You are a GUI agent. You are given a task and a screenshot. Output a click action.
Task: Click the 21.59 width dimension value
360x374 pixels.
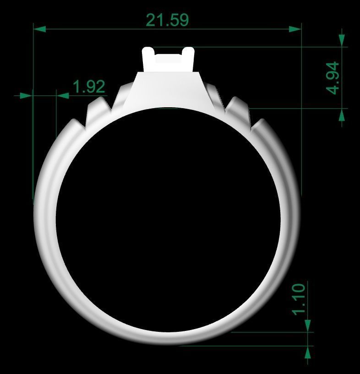click(x=167, y=20)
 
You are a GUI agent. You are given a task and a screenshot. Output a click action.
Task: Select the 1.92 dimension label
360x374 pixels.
click(x=89, y=87)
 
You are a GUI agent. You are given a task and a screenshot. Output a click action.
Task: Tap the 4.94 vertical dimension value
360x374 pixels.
click(x=333, y=77)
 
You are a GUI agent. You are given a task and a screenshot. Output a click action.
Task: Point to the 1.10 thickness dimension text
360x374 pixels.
click(x=298, y=299)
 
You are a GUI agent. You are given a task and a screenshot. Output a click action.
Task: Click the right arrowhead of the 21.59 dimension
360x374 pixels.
click(x=295, y=29)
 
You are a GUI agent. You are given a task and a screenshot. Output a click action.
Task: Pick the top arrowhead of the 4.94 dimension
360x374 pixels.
click(x=341, y=40)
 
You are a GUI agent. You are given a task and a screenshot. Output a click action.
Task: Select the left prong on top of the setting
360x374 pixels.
click(x=148, y=57)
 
